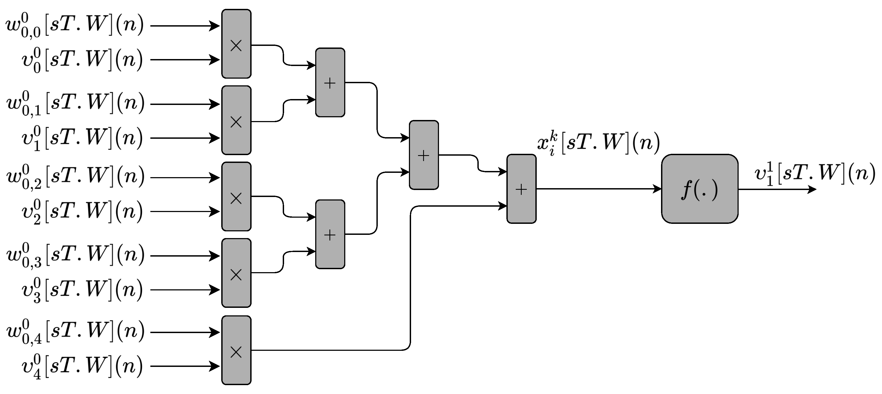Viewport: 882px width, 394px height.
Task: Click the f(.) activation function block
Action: (699, 189)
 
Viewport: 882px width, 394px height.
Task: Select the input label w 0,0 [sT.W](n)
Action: (75, 26)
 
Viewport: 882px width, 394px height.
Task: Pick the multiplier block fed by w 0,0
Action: (236, 44)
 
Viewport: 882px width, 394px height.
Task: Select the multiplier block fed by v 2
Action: (236, 196)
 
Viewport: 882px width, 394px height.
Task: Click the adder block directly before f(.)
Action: (521, 189)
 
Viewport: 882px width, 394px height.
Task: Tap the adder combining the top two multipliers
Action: (330, 82)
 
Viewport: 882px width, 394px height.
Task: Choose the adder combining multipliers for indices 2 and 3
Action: (330, 234)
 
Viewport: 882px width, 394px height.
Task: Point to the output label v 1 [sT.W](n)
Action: (815, 174)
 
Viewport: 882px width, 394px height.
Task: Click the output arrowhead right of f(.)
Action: (812, 189)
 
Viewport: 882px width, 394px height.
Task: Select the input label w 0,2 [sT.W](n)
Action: (75, 177)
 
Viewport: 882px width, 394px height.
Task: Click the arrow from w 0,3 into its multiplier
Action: (185, 256)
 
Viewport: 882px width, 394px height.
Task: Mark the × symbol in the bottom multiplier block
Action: (236, 352)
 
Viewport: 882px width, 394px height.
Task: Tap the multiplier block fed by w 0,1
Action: (236, 120)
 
